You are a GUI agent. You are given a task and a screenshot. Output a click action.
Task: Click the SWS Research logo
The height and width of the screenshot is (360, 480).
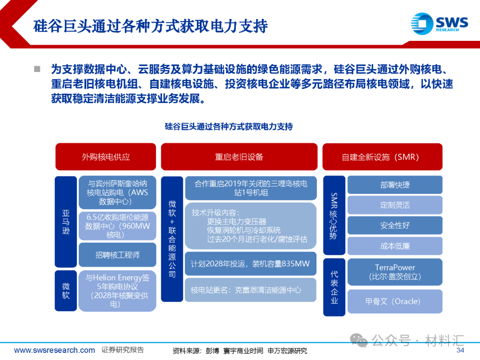point(439,23)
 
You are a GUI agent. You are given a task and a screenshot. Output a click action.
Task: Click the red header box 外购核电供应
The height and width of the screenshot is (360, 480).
point(105,157)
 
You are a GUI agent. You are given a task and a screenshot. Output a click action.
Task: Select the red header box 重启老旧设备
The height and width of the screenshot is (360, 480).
point(239,157)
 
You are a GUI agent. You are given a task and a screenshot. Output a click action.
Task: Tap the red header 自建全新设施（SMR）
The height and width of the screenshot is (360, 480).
point(382,157)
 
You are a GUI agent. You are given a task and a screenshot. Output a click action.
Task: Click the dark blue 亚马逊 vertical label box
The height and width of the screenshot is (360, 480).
point(66,221)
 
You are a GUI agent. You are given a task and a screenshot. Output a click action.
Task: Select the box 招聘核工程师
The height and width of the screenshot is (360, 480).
point(117,255)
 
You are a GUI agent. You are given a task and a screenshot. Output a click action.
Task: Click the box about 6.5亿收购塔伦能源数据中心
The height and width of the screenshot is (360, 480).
point(117,226)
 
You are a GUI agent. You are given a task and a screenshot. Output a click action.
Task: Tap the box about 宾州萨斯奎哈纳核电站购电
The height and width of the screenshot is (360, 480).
point(117,192)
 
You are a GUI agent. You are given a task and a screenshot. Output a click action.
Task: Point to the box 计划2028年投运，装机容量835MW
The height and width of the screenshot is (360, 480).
point(250,264)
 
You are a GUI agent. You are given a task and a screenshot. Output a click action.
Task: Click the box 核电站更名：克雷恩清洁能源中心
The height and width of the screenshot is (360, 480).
point(250,290)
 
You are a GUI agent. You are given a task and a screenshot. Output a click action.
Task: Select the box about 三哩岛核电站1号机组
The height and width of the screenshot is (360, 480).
point(250,188)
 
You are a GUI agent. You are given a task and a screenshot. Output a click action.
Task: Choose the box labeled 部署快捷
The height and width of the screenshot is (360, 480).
point(395,185)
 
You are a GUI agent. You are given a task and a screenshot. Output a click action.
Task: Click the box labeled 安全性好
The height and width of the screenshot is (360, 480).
point(395,225)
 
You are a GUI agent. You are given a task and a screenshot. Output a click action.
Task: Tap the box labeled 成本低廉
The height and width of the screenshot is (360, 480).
point(395,246)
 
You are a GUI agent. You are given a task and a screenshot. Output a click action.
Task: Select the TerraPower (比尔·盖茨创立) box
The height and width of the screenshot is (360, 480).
point(395,272)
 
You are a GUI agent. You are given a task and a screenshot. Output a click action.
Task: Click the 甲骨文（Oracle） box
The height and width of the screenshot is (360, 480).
point(395,301)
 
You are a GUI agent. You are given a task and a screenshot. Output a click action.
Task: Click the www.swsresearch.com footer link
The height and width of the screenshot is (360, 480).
point(54,350)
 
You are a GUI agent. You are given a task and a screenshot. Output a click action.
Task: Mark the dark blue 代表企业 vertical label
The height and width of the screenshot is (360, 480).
point(334,287)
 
